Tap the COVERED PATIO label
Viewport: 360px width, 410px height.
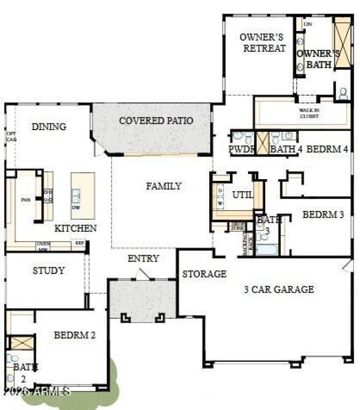point(156,121)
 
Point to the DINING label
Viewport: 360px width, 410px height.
point(49,127)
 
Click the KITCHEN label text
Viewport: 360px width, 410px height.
point(76,228)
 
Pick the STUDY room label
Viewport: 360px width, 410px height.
point(49,271)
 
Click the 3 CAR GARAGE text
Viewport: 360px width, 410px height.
point(279,289)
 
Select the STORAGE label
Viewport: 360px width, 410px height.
point(204,274)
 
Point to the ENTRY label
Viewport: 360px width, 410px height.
point(143,258)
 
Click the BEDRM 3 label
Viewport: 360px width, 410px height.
point(323,215)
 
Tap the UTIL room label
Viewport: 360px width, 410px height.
point(243,195)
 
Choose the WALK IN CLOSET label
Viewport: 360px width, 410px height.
point(309,113)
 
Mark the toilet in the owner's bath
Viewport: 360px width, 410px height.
point(343,94)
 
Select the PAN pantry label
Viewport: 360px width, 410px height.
point(26,200)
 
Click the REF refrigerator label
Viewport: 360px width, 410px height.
point(80,243)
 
